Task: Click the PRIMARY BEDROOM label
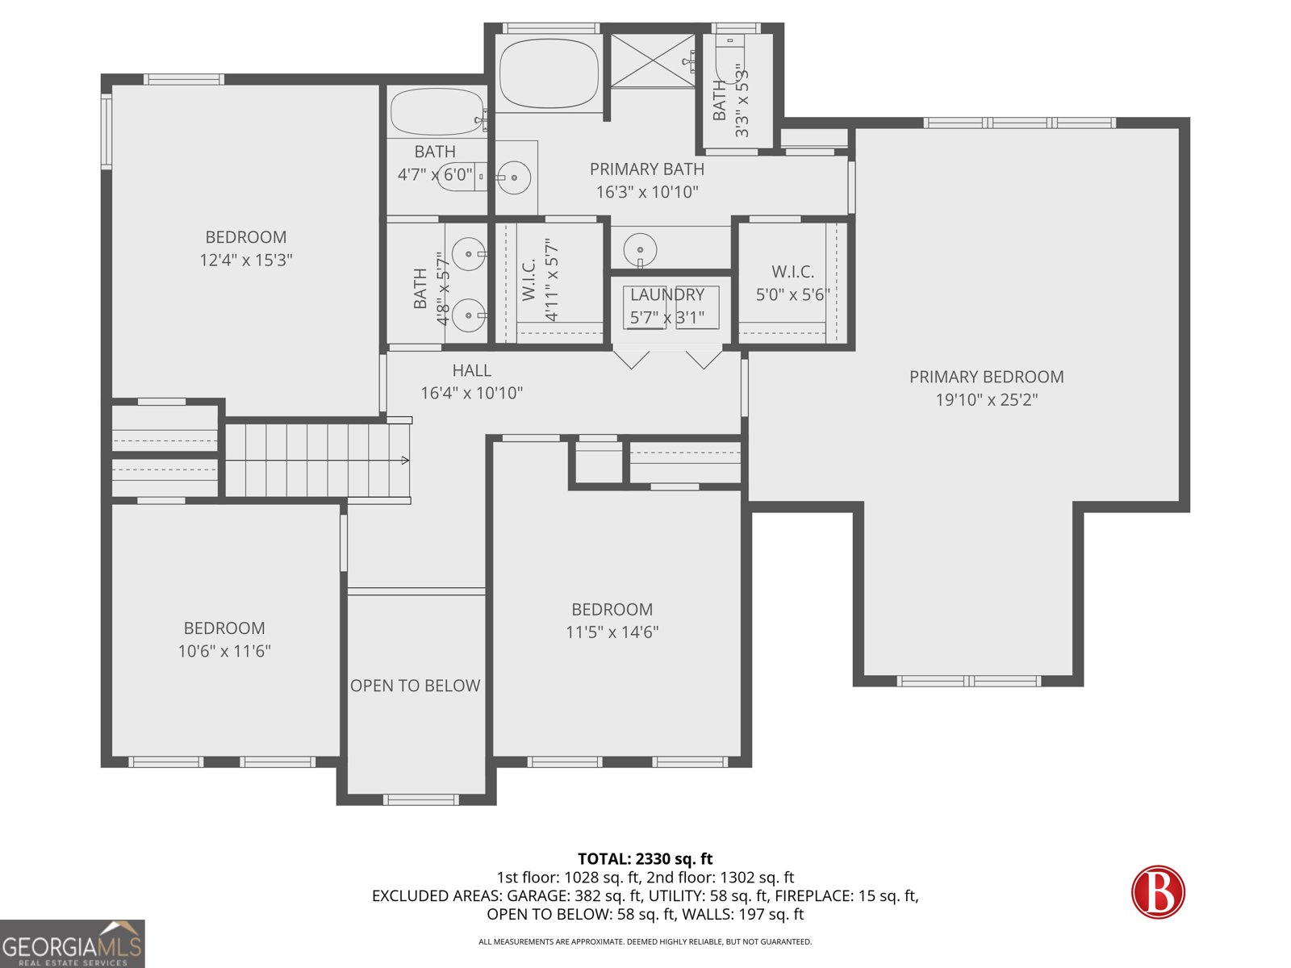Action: pyautogui.click(x=986, y=377)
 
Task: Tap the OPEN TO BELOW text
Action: pyautogui.click(x=415, y=686)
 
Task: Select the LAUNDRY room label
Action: pyautogui.click(x=667, y=295)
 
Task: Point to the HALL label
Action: pyautogui.click(x=471, y=370)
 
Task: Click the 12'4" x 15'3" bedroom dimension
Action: pyautogui.click(x=245, y=260)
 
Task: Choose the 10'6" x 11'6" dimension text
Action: pyautogui.click(x=224, y=651)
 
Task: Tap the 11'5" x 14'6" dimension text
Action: pyautogui.click(x=612, y=632)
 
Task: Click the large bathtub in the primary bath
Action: pyautogui.click(x=549, y=74)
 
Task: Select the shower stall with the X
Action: pyautogui.click(x=652, y=60)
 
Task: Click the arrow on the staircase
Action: pyautogui.click(x=404, y=461)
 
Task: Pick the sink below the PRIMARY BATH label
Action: pyautogui.click(x=641, y=247)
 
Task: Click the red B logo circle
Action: pyautogui.click(x=1158, y=892)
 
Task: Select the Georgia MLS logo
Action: pyautogui.click(x=73, y=944)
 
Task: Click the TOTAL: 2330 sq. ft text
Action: pyautogui.click(x=645, y=859)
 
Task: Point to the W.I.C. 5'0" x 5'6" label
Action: pyautogui.click(x=792, y=283)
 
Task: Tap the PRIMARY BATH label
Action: pyautogui.click(x=646, y=169)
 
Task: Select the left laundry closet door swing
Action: pyautogui.click(x=631, y=358)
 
